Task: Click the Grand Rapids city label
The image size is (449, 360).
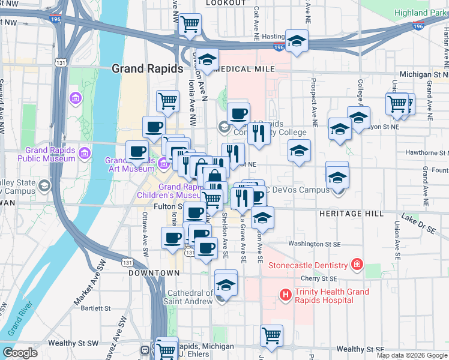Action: [147, 69]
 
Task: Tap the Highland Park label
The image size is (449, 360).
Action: [421, 13]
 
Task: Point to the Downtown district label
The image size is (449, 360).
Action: [146, 273]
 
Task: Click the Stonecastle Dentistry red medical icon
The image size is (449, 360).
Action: [357, 265]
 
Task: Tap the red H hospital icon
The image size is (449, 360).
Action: [285, 295]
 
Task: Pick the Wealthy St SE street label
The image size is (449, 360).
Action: [360, 349]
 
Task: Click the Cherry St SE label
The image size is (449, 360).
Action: [321, 278]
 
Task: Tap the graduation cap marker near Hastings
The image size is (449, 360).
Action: [297, 41]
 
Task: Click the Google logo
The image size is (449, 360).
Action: [20, 353]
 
